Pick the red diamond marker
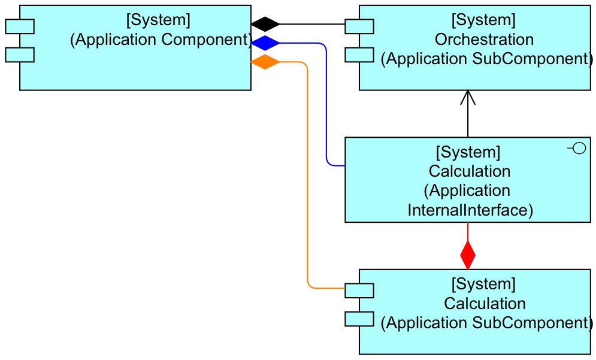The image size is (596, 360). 468,255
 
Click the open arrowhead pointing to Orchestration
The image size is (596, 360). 468,98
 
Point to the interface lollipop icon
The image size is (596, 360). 577,149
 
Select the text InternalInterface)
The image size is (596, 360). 470,210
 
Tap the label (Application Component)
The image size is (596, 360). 161,40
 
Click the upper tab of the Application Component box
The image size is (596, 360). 20,26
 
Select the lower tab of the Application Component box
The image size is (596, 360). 20,55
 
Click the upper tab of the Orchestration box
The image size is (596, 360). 359,26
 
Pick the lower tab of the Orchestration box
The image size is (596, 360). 359,55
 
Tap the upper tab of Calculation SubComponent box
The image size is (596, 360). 359,290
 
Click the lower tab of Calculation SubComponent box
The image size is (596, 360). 359,319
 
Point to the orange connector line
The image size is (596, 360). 307,180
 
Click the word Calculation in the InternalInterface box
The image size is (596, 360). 470,171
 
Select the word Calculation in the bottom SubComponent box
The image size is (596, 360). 485,303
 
